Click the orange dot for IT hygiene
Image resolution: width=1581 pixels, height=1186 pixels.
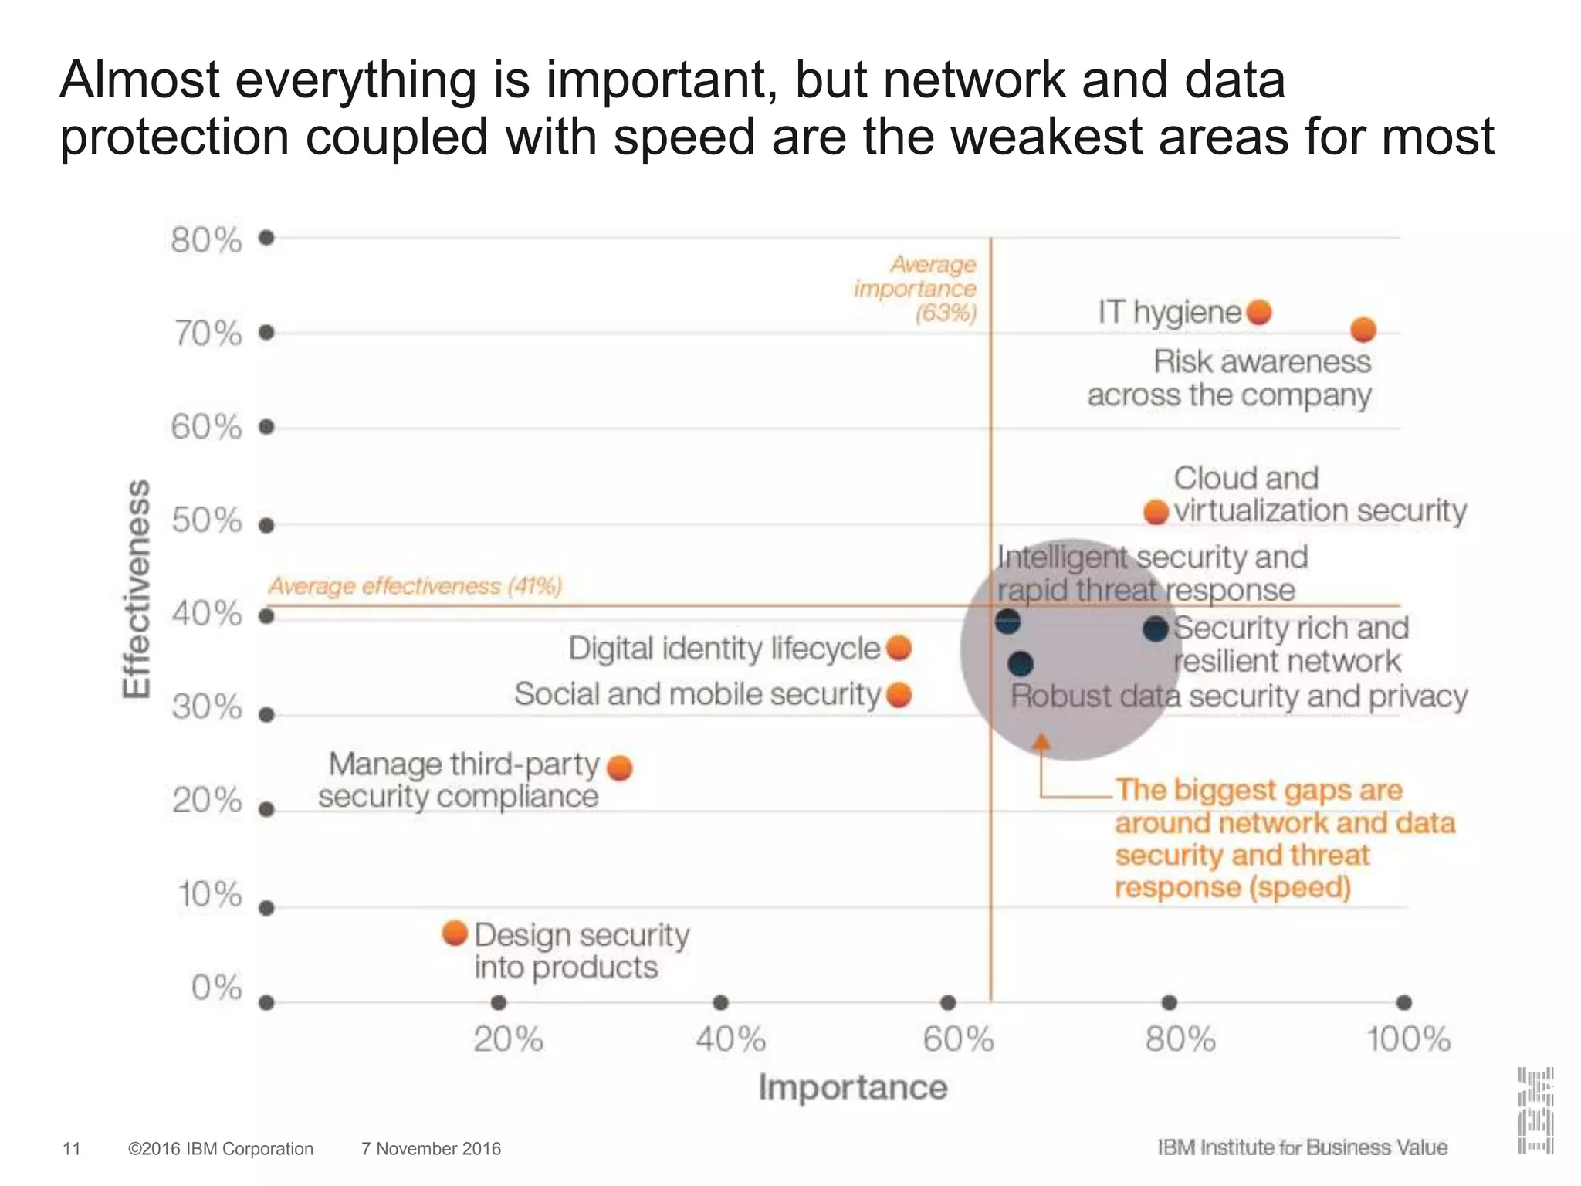(1259, 313)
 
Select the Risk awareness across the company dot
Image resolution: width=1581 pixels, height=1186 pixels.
(1363, 330)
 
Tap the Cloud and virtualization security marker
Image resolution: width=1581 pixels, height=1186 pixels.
(1156, 512)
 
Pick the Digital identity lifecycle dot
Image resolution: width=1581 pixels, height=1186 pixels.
(899, 648)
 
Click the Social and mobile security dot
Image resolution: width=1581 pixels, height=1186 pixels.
(899, 695)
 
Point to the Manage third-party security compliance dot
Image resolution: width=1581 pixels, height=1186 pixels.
(620, 768)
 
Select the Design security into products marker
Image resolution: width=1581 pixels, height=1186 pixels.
(455, 933)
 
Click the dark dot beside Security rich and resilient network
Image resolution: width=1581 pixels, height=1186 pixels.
(1156, 629)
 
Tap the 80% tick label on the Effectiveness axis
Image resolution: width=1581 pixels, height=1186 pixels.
(206, 241)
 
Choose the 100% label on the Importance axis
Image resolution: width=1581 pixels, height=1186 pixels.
(1409, 1040)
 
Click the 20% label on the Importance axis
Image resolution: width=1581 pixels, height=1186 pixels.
(508, 1040)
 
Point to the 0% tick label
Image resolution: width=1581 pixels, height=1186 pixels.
(217, 988)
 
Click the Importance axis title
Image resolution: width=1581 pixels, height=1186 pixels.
(852, 1087)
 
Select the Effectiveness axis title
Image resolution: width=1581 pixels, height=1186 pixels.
(137, 589)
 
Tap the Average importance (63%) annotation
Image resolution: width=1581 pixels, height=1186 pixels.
(916, 289)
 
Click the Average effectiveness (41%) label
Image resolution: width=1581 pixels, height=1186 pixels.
(415, 586)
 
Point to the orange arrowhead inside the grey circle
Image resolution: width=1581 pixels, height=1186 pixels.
(1041, 742)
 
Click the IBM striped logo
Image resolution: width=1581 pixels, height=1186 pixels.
(1535, 1110)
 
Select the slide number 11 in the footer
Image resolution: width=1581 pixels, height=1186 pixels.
(71, 1149)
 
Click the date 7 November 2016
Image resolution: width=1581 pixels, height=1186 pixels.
(431, 1149)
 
